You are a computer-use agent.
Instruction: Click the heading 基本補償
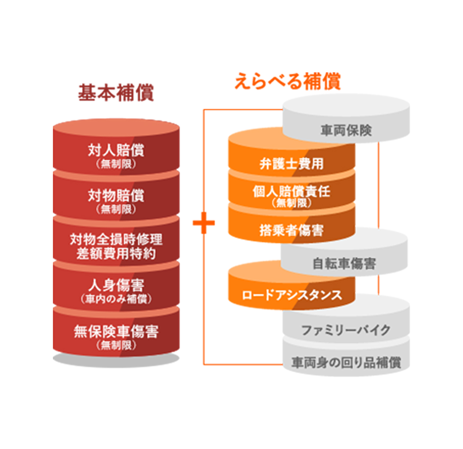[x=116, y=92]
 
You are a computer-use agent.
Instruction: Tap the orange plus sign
[x=204, y=223]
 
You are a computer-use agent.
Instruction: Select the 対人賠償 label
[x=116, y=150]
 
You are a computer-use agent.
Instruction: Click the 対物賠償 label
[x=116, y=196]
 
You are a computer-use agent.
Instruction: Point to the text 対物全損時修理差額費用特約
[x=116, y=246]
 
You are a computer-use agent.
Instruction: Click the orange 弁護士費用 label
[x=291, y=164]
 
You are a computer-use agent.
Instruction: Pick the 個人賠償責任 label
[x=291, y=191]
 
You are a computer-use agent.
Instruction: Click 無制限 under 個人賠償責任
[x=291, y=202]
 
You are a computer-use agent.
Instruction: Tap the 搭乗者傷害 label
[x=291, y=229]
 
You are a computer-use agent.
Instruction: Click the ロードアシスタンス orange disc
[x=291, y=295]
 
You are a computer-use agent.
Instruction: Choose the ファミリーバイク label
[x=346, y=330]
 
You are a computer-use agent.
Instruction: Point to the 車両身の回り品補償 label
[x=346, y=362]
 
